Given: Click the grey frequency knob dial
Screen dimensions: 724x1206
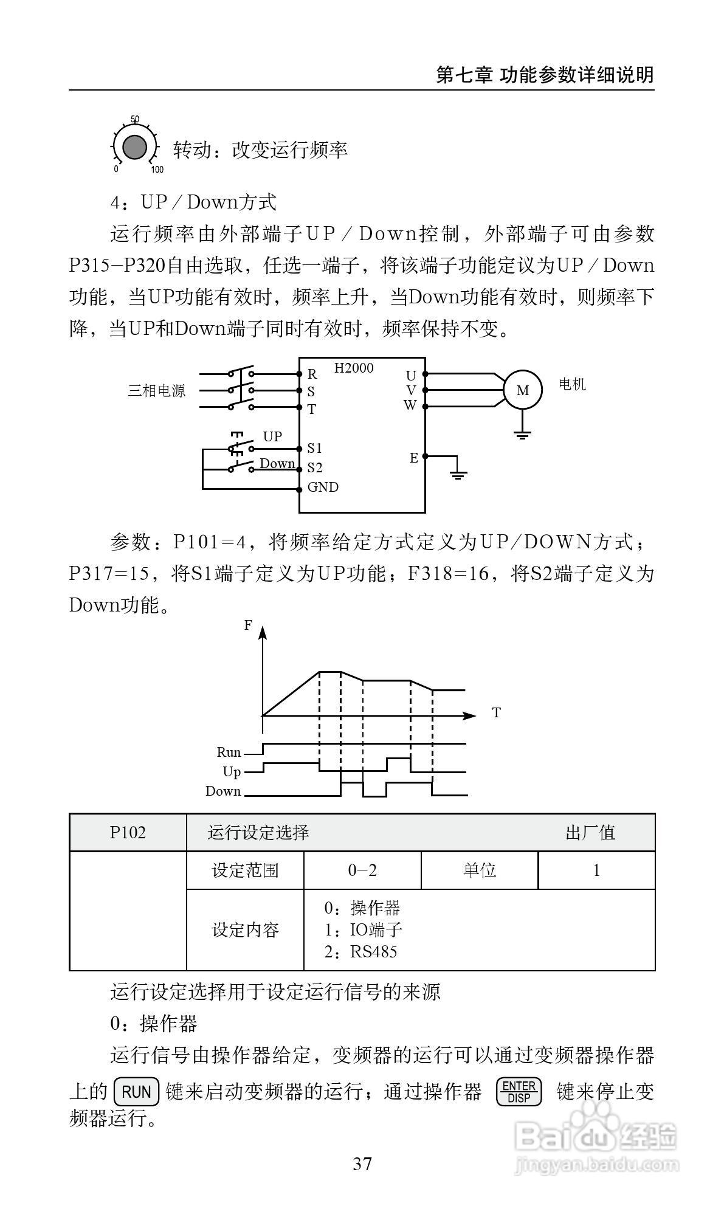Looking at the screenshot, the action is tap(134, 148).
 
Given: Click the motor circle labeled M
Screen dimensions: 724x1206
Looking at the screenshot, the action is tap(522, 390).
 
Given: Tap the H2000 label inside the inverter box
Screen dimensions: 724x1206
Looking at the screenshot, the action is tap(354, 368).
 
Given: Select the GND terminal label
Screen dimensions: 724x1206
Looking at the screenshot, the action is tap(323, 487).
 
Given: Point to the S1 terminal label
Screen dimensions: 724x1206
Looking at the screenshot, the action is tap(314, 449).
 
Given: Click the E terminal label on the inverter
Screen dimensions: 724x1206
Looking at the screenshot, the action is tap(413, 458).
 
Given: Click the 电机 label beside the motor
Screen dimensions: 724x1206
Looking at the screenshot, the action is tap(572, 384).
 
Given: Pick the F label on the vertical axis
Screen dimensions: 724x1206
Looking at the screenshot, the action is tap(248, 625).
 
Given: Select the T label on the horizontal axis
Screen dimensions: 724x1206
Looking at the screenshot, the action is tap(496, 712).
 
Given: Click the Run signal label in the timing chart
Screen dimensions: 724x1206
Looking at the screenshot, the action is tap(229, 753).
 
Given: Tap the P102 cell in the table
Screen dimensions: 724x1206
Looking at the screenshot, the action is tap(128, 832).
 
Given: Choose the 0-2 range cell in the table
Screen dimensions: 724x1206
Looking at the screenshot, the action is tap(362, 870).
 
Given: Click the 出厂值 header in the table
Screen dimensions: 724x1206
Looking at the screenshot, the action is tap(590, 832).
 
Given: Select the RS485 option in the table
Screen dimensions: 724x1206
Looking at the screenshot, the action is tap(373, 951).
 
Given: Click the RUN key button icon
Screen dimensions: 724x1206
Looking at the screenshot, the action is tap(136, 1092).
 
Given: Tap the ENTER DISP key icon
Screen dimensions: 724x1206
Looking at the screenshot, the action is tap(519, 1092).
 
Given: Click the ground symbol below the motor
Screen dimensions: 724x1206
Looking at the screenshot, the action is tap(522, 434).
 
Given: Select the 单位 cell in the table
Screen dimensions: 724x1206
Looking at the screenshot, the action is tap(480, 870).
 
